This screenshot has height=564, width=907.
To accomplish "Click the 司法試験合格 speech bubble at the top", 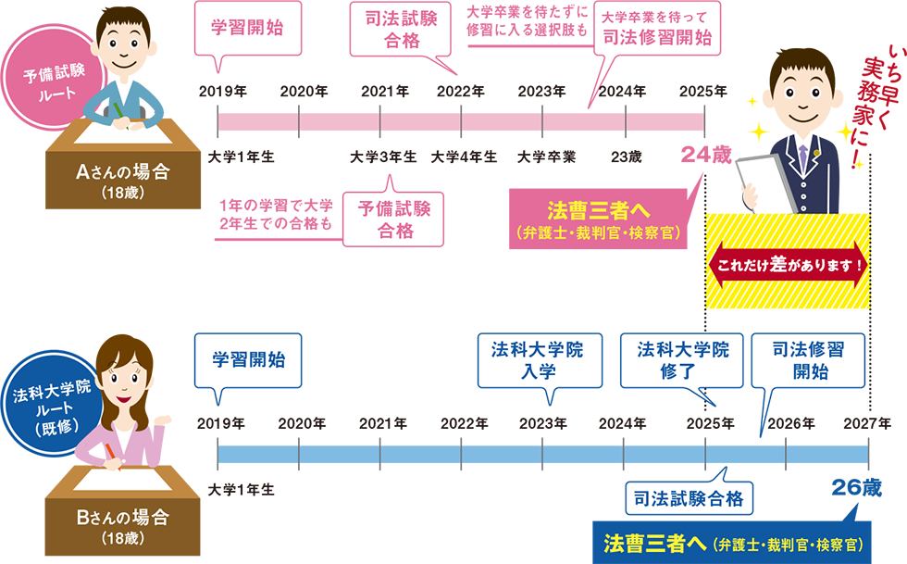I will (x=401, y=29).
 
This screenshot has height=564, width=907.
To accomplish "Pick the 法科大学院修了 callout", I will (x=683, y=360).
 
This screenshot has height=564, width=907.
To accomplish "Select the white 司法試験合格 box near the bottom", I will (x=690, y=499).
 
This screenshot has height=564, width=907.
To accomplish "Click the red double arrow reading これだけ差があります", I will (x=789, y=264).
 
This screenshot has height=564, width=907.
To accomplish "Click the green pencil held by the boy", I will (x=119, y=110).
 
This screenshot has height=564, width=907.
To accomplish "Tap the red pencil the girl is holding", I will (x=114, y=456).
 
